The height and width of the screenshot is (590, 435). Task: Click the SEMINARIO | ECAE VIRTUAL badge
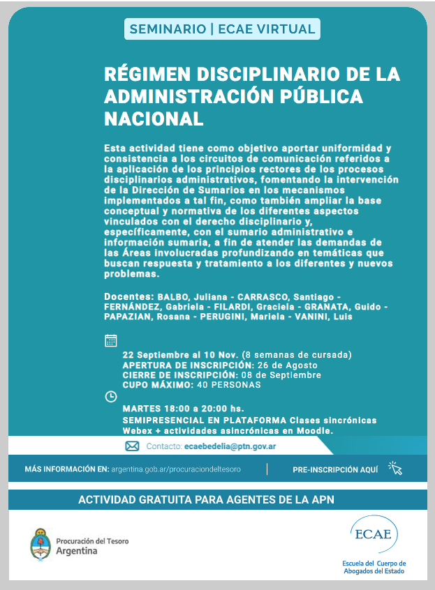(x=222, y=29)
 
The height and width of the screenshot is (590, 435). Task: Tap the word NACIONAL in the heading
(x=154, y=118)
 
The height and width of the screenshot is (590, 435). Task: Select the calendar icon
(x=110, y=340)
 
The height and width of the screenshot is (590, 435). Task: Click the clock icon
(x=110, y=397)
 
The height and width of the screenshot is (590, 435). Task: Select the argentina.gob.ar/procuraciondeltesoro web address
(x=175, y=469)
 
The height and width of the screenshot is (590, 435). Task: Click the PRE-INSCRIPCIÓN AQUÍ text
(x=335, y=469)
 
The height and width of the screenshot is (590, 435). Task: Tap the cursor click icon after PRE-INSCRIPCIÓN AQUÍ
(x=395, y=469)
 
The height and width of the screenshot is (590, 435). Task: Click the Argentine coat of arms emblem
(x=40, y=544)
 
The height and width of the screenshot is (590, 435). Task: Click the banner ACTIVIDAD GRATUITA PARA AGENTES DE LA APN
(x=217, y=499)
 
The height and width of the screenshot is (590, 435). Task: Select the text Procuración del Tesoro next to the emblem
(x=92, y=540)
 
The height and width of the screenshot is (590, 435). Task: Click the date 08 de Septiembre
(x=288, y=375)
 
